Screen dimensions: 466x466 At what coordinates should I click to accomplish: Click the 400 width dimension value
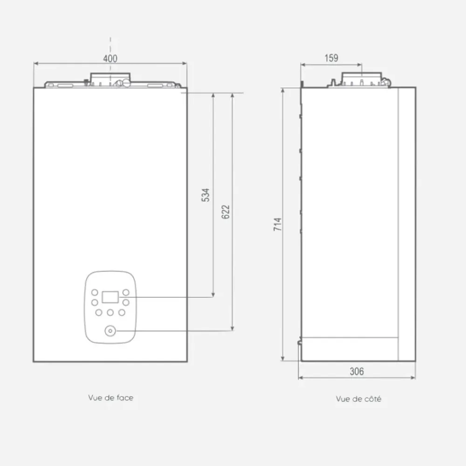(110, 58)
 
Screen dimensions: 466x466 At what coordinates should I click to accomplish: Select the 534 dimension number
(206, 195)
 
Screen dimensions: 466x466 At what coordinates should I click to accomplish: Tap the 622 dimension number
(226, 212)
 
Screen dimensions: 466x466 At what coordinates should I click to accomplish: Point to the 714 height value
(277, 225)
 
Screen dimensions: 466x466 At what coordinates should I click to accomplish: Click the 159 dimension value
(331, 58)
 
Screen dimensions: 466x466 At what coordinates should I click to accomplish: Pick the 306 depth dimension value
(356, 371)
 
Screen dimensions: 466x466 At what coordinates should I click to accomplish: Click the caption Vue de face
(110, 397)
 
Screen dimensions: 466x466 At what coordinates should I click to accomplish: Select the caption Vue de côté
(358, 398)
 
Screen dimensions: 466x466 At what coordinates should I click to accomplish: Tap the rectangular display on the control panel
(110, 297)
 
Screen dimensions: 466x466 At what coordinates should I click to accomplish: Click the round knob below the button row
(110, 331)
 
